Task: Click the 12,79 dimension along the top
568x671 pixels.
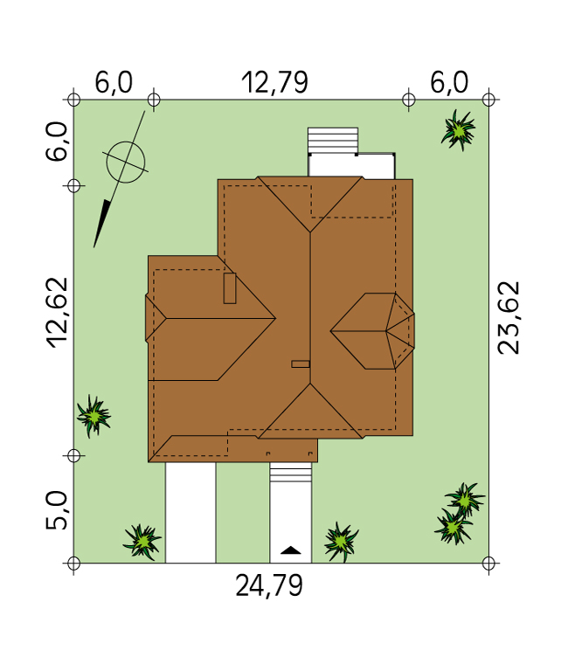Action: (274, 83)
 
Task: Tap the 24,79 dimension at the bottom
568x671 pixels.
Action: (269, 586)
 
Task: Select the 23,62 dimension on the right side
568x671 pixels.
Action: (509, 317)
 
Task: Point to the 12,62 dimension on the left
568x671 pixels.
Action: (58, 313)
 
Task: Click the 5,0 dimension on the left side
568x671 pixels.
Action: (57, 510)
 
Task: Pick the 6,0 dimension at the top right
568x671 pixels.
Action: (449, 83)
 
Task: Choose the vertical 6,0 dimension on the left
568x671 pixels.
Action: (57, 142)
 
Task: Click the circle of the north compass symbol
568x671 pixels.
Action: (126, 163)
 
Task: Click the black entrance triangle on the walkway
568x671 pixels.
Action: (291, 550)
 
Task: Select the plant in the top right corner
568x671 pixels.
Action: (459, 130)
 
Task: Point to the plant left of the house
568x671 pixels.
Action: (94, 416)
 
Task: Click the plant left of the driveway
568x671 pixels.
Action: (142, 542)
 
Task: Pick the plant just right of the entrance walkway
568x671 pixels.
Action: (341, 543)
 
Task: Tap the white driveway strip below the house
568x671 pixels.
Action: (190, 513)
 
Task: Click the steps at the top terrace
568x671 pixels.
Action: (333, 141)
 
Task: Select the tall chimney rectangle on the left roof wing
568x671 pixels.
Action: (230, 288)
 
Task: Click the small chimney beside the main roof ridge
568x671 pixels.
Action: (301, 364)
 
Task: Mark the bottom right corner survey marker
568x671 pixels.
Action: (488, 564)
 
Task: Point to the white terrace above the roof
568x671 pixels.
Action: (351, 166)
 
